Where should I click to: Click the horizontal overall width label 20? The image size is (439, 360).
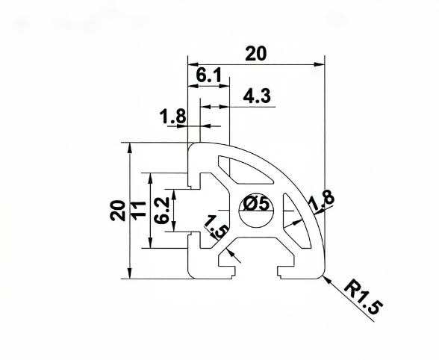tap(256, 54)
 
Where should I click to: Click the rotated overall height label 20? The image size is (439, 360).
tap(118, 211)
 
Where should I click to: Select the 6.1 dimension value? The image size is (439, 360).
tap(208, 75)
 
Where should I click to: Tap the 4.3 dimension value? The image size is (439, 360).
tap(257, 96)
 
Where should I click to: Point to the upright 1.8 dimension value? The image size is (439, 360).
tap(172, 116)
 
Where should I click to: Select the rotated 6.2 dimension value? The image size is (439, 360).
tap(162, 211)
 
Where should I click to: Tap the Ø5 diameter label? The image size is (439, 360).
tap(256, 204)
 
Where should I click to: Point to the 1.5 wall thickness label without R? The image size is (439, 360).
tap(215, 226)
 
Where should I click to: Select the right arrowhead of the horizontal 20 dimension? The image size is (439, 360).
tap(320, 64)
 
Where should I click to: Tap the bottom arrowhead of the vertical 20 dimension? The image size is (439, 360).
tap(129, 273)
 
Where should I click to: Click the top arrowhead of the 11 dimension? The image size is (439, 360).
tap(150, 179)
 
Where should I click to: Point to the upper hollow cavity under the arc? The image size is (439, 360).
tap(244, 170)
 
